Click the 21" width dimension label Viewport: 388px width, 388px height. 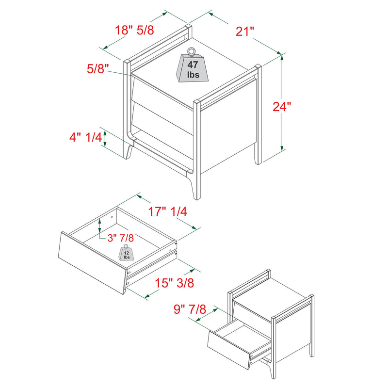[245, 32]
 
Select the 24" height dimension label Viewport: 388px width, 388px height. [281, 107]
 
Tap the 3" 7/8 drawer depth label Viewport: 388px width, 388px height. [120, 238]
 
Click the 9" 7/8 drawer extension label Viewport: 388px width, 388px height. [189, 309]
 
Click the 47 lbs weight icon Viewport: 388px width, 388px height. [193, 68]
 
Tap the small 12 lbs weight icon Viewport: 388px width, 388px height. [127, 254]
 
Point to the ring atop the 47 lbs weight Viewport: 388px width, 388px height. [192, 50]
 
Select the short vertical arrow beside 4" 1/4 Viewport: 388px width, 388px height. [105, 138]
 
